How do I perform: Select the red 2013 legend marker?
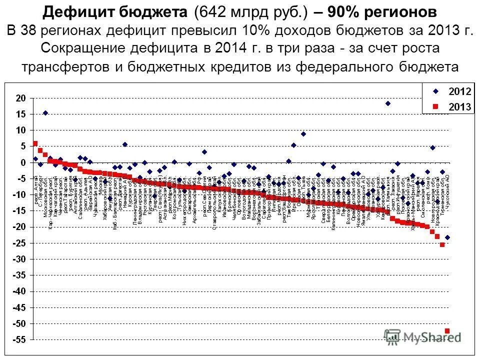click(x=435, y=106)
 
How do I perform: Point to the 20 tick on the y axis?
click(x=19, y=98)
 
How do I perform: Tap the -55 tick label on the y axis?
click(x=18, y=339)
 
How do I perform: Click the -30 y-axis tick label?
click(x=18, y=259)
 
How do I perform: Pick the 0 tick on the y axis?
click(x=22, y=162)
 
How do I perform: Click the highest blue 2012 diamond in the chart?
click(x=387, y=103)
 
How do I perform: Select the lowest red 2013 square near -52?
click(x=447, y=330)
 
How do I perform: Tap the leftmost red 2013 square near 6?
click(x=35, y=143)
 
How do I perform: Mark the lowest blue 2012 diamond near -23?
click(x=447, y=237)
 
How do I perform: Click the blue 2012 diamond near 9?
click(x=303, y=134)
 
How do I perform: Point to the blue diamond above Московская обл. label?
click(x=45, y=113)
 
